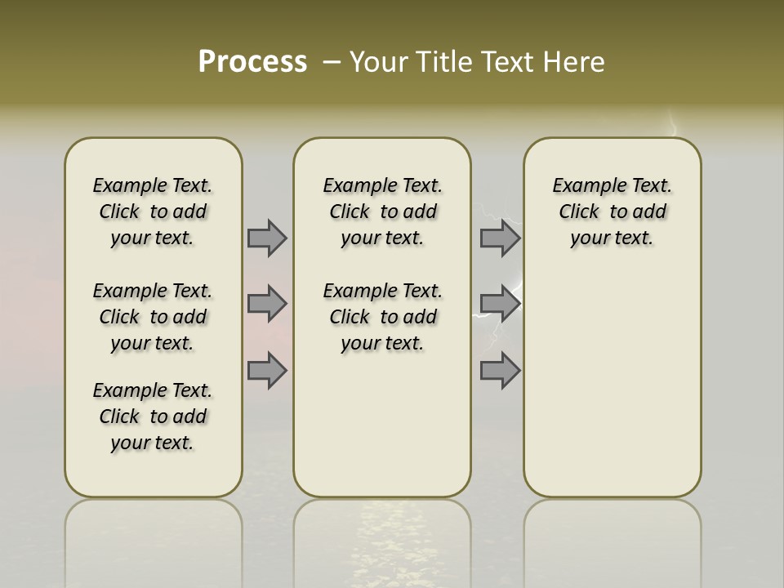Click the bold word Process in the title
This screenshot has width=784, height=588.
click(x=252, y=61)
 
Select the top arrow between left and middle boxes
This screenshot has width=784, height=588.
click(x=267, y=238)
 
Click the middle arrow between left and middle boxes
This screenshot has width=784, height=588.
click(x=267, y=304)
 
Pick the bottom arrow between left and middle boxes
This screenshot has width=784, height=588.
click(x=267, y=371)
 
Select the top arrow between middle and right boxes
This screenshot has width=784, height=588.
click(x=500, y=238)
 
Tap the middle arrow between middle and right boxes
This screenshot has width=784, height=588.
click(x=500, y=304)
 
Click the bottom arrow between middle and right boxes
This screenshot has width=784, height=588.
click(x=500, y=371)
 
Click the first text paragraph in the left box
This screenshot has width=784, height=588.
click(x=153, y=212)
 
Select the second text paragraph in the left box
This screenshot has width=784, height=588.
click(x=153, y=317)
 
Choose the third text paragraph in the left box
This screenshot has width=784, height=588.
click(x=153, y=416)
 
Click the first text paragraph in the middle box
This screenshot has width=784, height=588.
click(x=382, y=212)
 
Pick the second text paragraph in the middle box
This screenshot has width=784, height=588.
click(x=382, y=317)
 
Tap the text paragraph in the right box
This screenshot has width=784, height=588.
click(x=612, y=212)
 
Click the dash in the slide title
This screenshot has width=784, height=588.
click(x=332, y=61)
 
